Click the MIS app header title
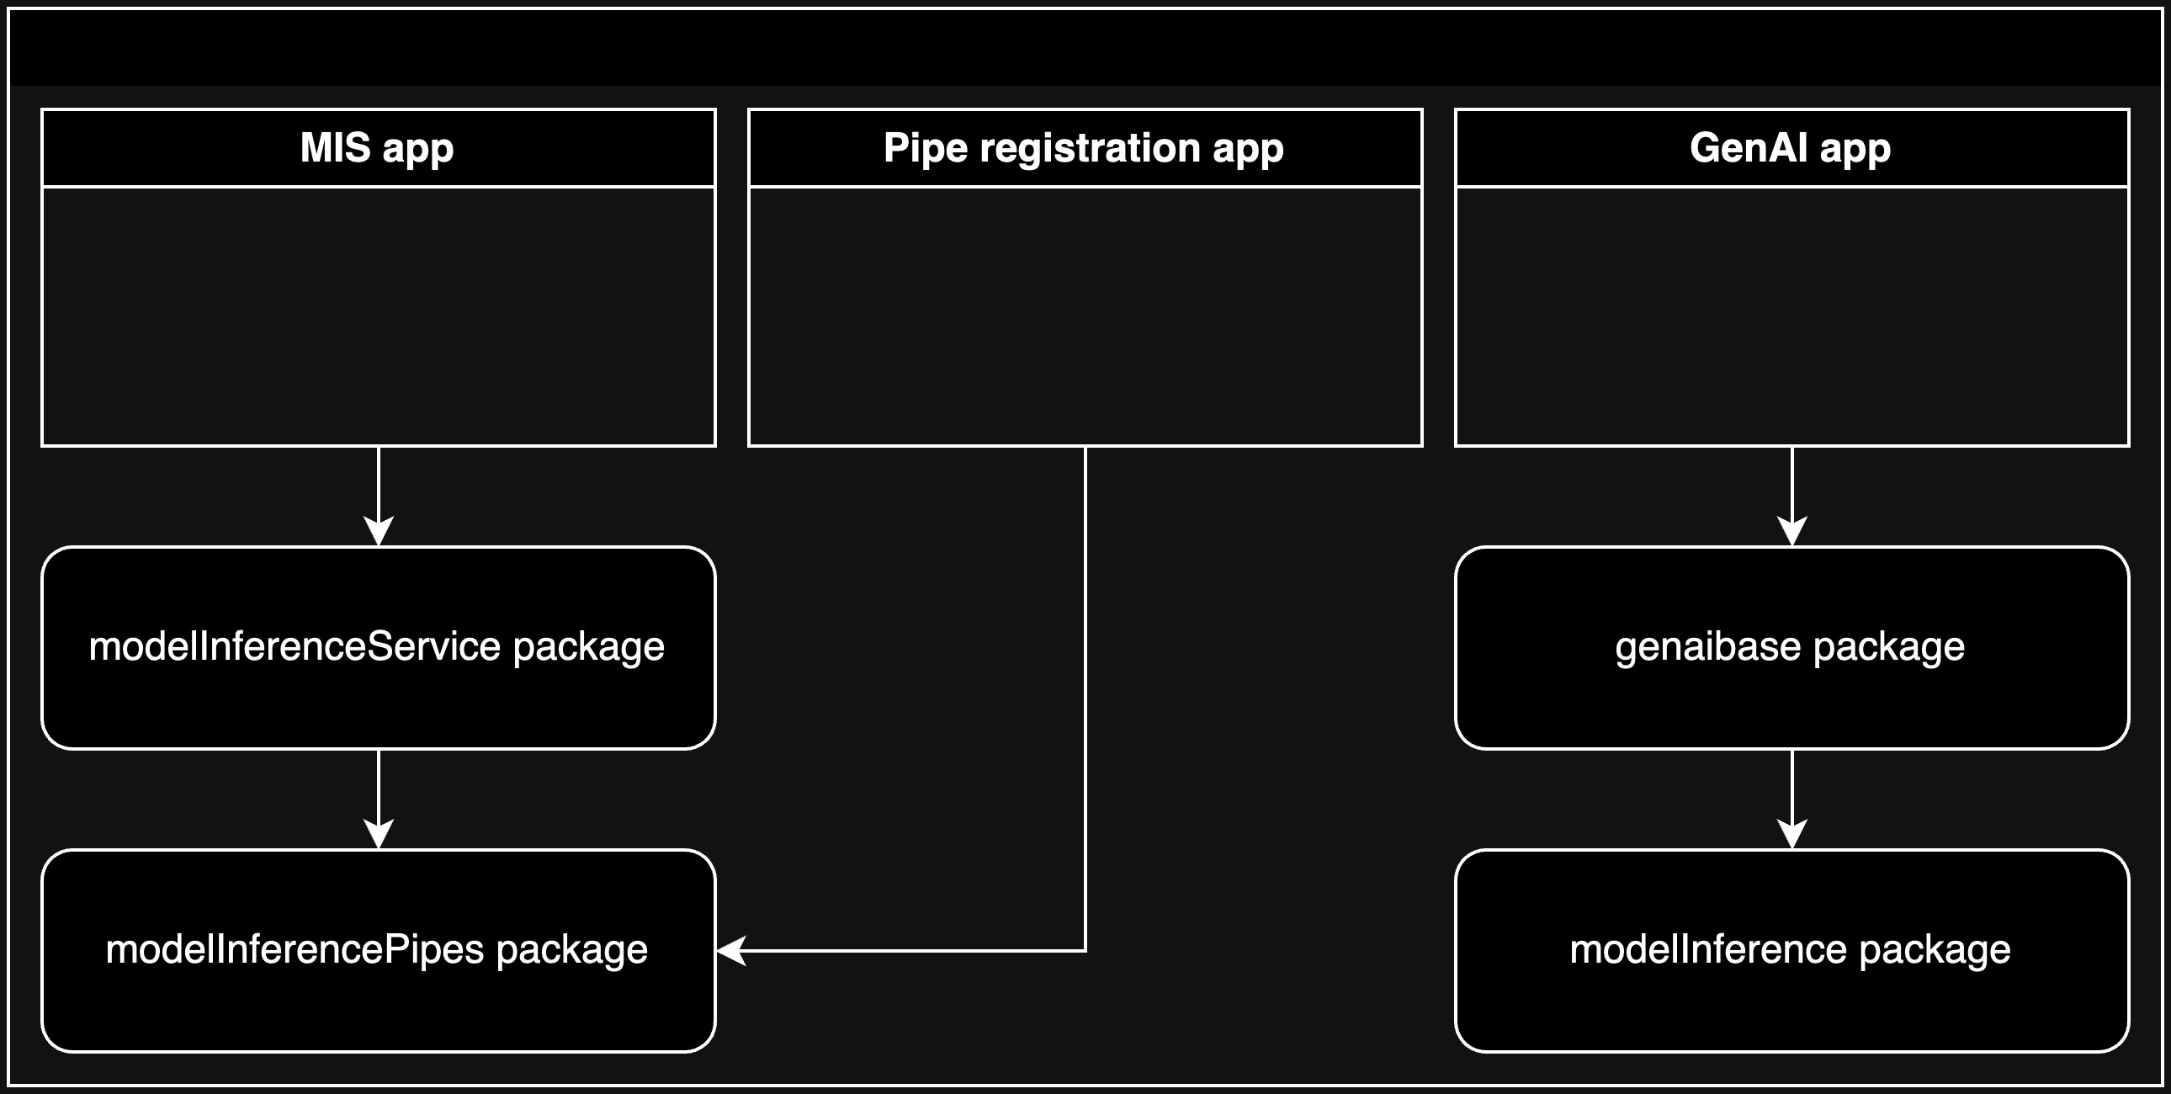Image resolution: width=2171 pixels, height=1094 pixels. pyautogui.click(x=377, y=148)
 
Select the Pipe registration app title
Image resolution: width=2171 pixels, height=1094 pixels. pyautogui.click(x=1083, y=148)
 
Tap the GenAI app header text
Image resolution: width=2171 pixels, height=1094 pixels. pyautogui.click(x=1790, y=148)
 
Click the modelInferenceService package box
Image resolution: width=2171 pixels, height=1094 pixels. pyautogui.click(x=379, y=647)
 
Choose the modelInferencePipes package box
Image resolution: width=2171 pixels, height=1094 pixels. pyautogui.click(x=379, y=950)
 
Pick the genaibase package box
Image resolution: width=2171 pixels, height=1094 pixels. pyautogui.click(x=1791, y=647)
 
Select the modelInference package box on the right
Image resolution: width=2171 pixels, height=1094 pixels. pyautogui.click(x=1791, y=950)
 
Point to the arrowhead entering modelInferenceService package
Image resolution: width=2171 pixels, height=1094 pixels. pyautogui.click(x=379, y=532)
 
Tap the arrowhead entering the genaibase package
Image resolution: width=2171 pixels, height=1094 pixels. pyautogui.click(x=1791, y=532)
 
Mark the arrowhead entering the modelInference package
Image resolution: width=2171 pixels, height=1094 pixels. pyautogui.click(x=1791, y=835)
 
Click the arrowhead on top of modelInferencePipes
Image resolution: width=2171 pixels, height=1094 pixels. pyautogui.click(x=379, y=835)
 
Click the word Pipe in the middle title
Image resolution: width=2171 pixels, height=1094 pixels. pyautogui.click(x=925, y=148)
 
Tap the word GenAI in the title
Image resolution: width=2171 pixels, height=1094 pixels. pyautogui.click(x=1748, y=148)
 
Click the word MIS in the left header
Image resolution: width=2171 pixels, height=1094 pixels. pyautogui.click(x=335, y=148)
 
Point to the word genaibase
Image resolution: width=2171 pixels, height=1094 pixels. pyautogui.click(x=1707, y=647)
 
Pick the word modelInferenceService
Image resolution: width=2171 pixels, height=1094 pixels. pyautogui.click(x=295, y=647)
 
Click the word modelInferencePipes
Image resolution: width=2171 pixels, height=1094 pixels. pyautogui.click(x=295, y=950)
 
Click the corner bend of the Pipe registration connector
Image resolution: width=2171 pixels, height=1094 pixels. pyautogui.click(x=1085, y=951)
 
